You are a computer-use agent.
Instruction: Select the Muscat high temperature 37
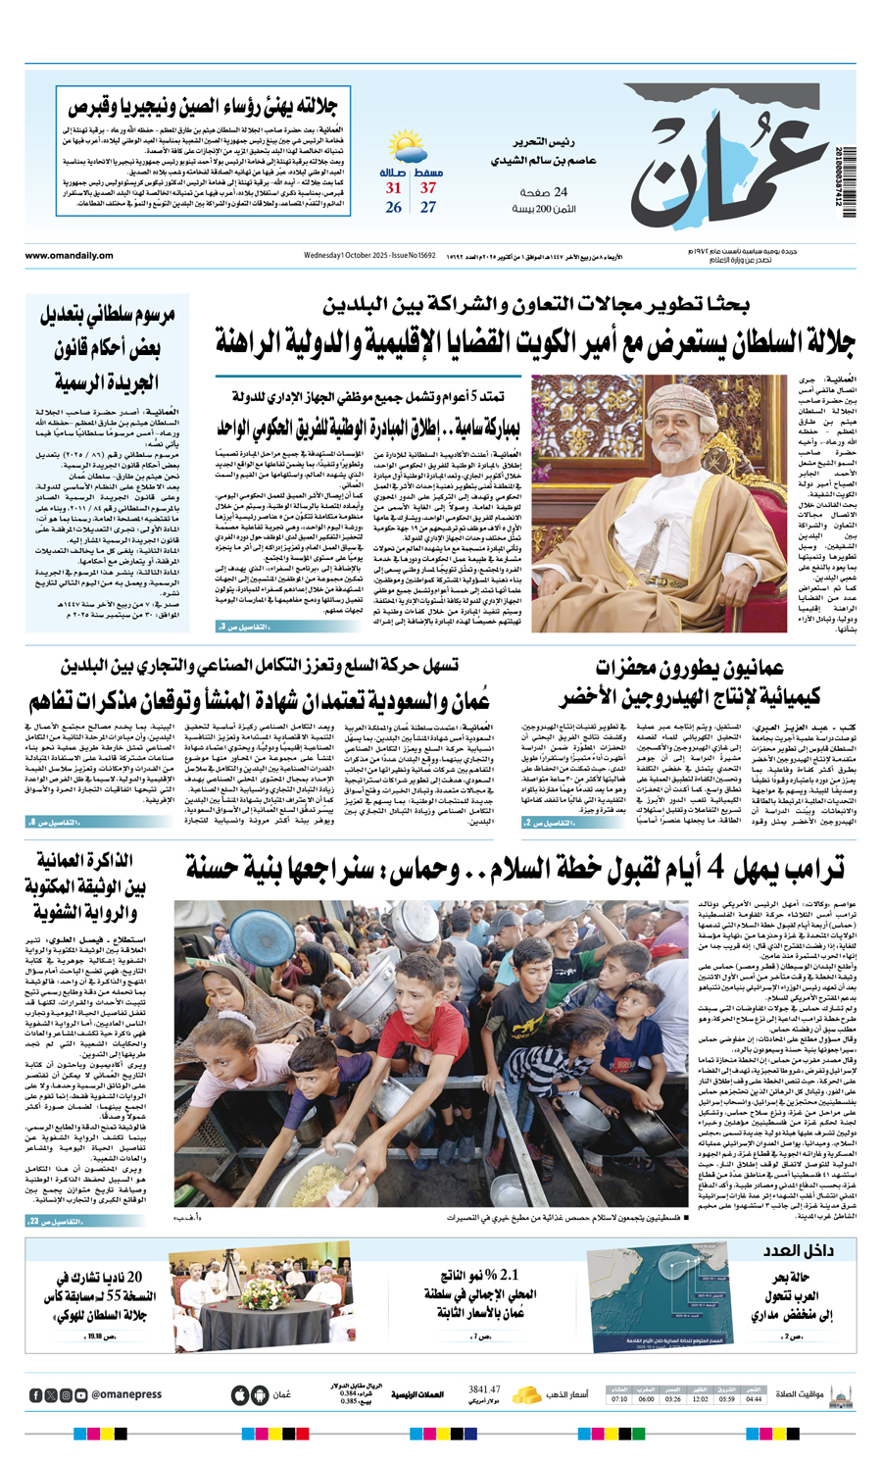point(428,188)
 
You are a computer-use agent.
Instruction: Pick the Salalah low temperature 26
point(393,208)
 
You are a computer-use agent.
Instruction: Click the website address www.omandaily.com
point(70,256)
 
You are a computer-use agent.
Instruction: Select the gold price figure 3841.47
point(484,1389)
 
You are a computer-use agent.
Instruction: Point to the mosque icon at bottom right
point(840,1394)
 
